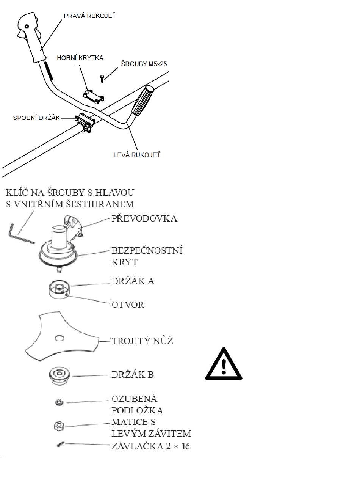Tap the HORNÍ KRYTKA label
tap(80, 58)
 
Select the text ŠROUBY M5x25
tap(144, 64)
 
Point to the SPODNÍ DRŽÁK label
tap(36, 118)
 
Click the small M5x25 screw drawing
tap(102, 78)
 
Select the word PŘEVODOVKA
tap(144, 218)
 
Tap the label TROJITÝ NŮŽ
tap(142, 341)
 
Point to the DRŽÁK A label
tap(133, 281)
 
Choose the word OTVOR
tap(128, 305)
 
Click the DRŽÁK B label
tap(132, 375)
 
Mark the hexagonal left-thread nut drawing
tap(58, 426)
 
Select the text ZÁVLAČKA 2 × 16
tap(150, 446)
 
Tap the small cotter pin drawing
tap(60, 444)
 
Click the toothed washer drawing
tap(59, 402)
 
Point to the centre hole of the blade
tap(59, 337)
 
